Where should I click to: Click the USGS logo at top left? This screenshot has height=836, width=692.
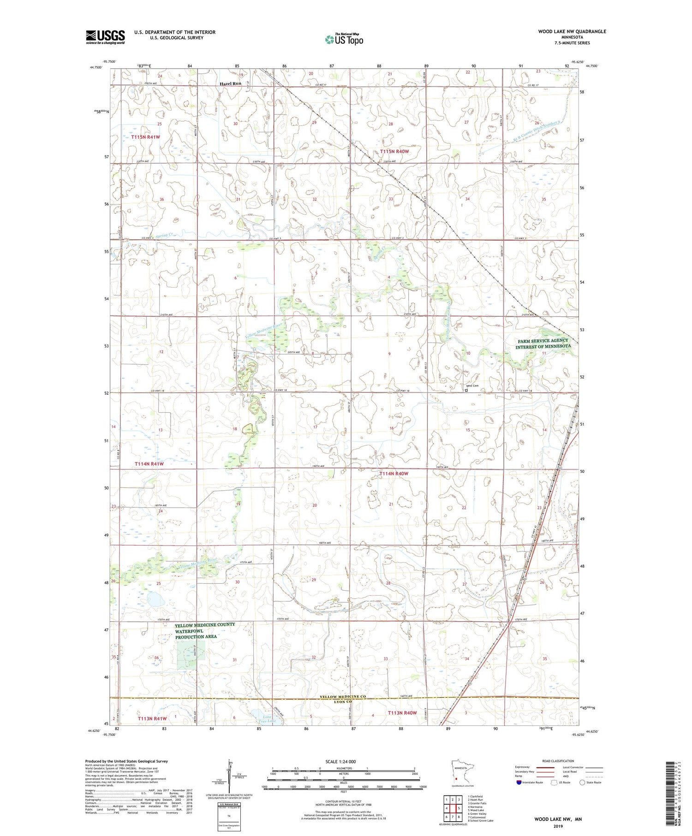point(105,37)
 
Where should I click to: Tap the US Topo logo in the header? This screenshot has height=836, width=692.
point(344,40)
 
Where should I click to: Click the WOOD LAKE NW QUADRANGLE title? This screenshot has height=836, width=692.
point(572,31)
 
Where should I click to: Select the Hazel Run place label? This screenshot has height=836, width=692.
point(230,84)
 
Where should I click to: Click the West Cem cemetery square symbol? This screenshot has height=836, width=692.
point(466,390)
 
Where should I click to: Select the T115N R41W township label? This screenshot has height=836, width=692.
point(145,137)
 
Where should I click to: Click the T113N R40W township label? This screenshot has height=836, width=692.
point(402,712)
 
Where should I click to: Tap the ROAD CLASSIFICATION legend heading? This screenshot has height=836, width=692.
point(558,761)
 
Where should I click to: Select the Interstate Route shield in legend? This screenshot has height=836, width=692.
point(518,782)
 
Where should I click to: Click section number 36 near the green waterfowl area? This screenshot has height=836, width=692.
point(156,658)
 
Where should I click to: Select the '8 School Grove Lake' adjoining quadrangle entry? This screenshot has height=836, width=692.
point(480,820)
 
